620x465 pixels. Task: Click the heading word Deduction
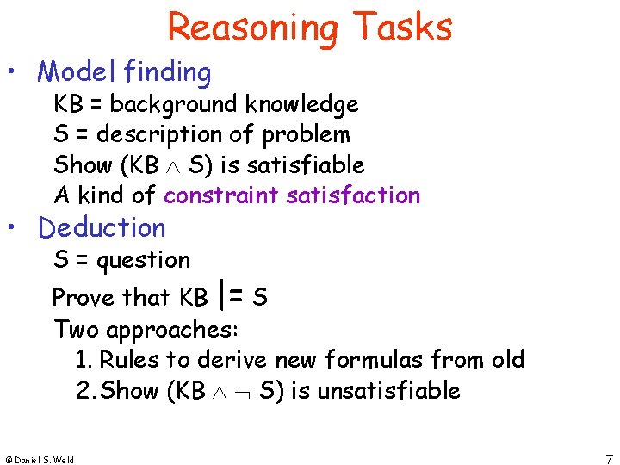(102, 228)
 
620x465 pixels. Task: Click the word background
(173, 105)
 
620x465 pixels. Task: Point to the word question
(144, 260)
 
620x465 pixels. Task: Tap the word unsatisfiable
(388, 391)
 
